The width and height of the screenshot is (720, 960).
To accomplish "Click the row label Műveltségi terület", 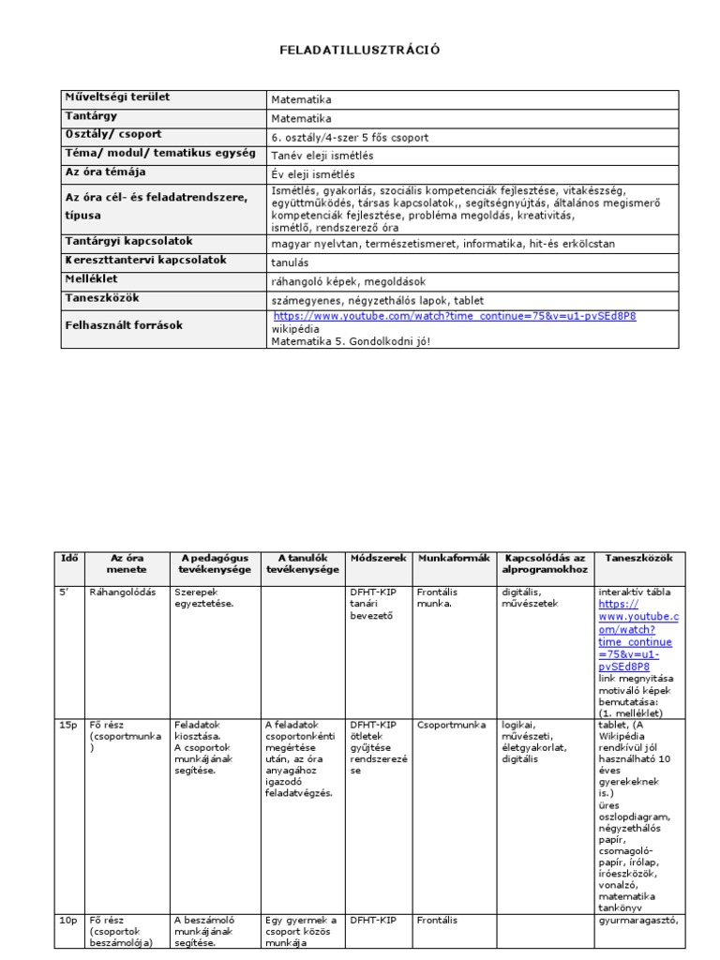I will point(117,97).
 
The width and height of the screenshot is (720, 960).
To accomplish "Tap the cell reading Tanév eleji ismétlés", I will point(322,156).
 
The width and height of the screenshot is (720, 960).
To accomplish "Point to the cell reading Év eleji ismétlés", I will point(314,174).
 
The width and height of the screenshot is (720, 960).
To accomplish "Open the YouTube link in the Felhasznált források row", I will point(455,317).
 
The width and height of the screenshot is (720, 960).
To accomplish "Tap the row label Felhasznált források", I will point(124,325).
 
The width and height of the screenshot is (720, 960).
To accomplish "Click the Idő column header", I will point(69,558).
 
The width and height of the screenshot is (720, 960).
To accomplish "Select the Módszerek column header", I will point(379,558).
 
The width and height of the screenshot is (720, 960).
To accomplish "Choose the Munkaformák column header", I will point(454,558).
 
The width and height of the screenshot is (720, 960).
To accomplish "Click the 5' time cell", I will point(66,592).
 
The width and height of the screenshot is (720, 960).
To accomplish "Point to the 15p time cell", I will point(68,725).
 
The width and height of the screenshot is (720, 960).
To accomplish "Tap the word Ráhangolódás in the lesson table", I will point(122,592).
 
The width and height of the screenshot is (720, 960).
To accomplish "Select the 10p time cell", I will point(68,921).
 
